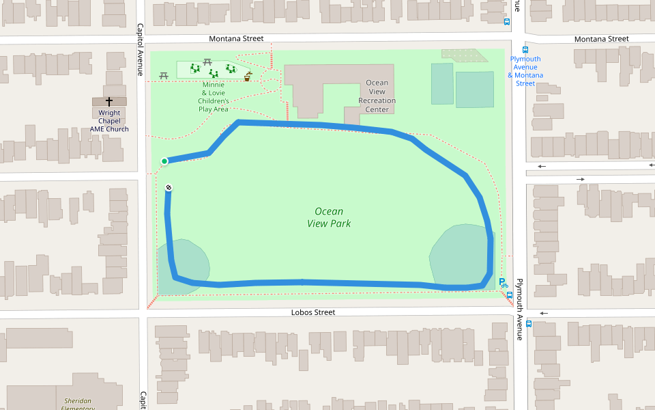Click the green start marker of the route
[x=164, y=161]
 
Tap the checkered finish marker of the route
[x=169, y=188]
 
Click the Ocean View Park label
[x=329, y=217]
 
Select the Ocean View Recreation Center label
[x=377, y=96]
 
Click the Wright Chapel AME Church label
[x=109, y=121]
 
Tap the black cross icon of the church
[x=109, y=101]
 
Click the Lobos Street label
[x=312, y=312]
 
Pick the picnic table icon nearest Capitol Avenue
[x=164, y=75]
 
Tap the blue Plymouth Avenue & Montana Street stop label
[x=525, y=71]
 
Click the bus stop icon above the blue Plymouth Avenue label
[x=525, y=49]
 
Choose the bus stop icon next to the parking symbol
[x=510, y=295]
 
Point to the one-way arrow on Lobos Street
[x=543, y=314]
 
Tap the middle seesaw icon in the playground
[x=214, y=73]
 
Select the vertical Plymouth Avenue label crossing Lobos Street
[x=519, y=299]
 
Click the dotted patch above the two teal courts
[x=465, y=55]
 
